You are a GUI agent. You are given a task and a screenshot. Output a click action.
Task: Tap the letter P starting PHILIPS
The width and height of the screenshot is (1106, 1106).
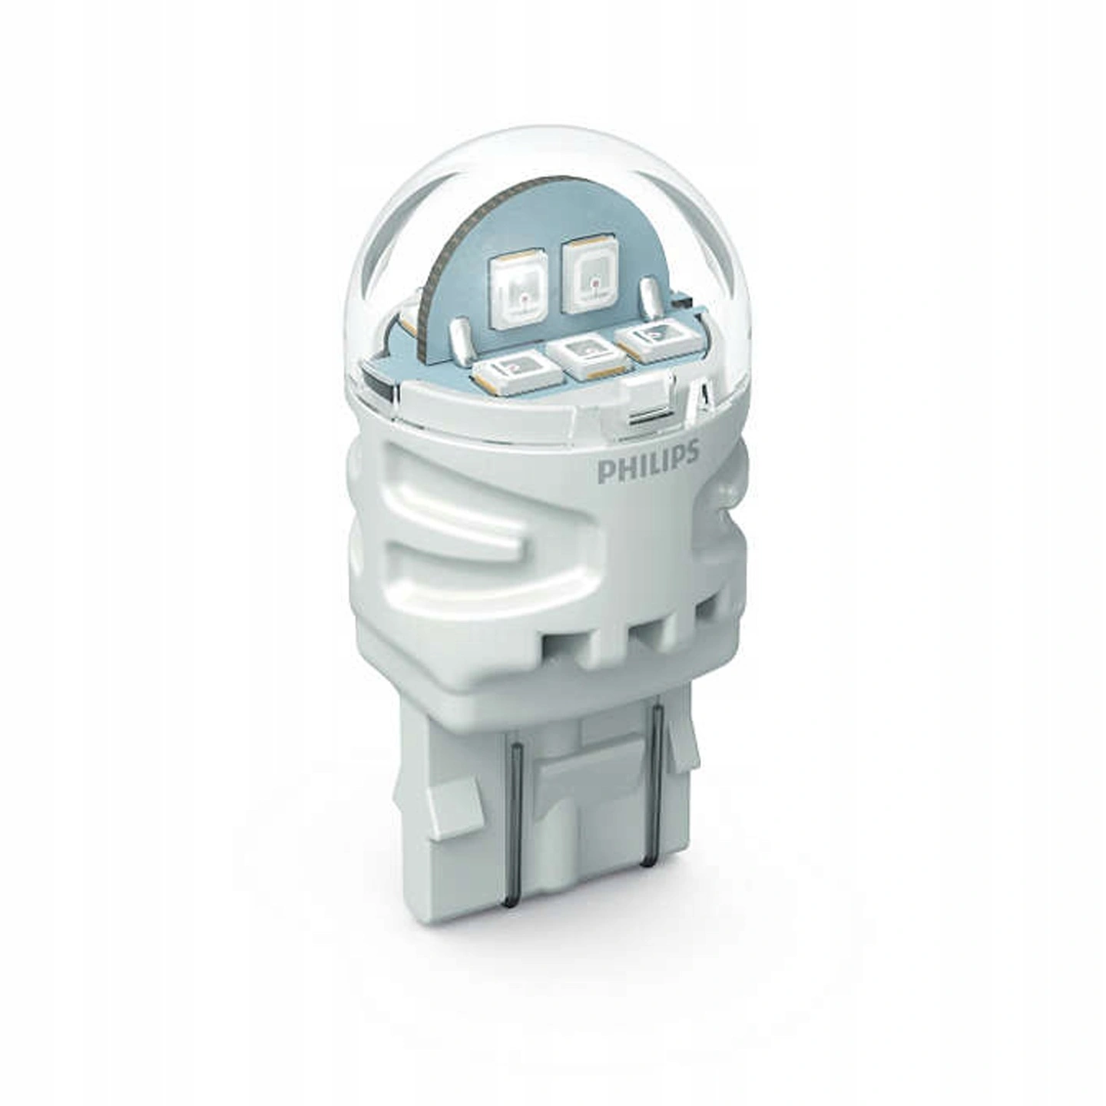click(x=606, y=467)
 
